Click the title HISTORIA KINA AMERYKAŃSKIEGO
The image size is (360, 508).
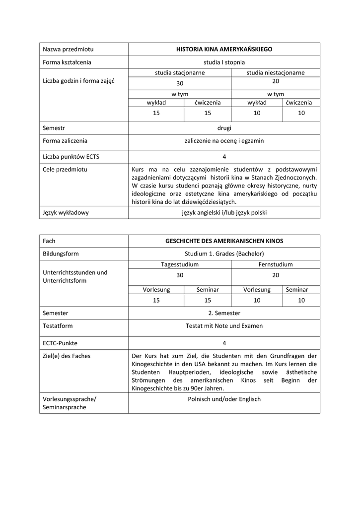(224, 49)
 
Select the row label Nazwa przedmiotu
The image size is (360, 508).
(68, 49)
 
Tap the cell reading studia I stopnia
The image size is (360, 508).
(224, 62)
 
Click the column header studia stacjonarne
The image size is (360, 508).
(180, 72)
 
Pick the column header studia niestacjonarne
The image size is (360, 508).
(276, 72)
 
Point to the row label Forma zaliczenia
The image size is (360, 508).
(65, 140)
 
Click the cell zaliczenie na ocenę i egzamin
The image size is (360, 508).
(224, 140)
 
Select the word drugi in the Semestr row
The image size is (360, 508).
(224, 127)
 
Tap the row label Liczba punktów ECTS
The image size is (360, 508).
(71, 156)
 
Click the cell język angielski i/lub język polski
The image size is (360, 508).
(224, 212)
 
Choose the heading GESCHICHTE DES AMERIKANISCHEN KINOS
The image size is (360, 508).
(224, 241)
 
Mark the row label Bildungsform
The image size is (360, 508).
(61, 254)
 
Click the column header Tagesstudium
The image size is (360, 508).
(180, 264)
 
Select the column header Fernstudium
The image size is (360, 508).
(276, 264)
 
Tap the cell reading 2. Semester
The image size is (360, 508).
(224, 313)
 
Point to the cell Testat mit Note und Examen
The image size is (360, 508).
(224, 326)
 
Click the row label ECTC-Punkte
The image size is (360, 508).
(61, 343)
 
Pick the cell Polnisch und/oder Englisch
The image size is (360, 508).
(224, 399)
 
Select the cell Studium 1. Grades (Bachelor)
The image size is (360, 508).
(224, 254)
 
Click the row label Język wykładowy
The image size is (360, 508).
(66, 212)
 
